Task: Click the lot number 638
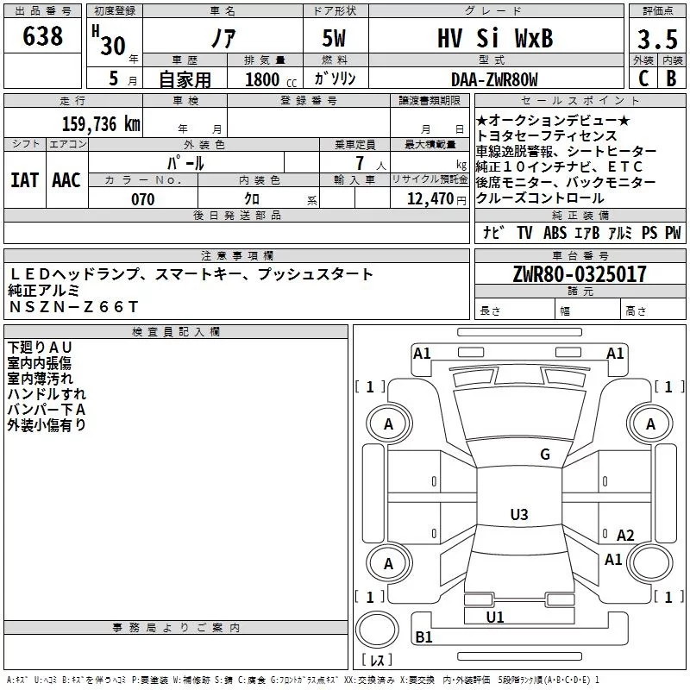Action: (42, 35)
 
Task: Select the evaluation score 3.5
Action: (657, 39)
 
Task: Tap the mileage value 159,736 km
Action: (101, 124)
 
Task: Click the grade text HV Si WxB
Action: (495, 38)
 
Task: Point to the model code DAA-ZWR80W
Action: (494, 79)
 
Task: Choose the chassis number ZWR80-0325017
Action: (580, 274)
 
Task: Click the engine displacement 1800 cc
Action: (271, 79)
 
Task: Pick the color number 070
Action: (143, 199)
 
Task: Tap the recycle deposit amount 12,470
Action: (430, 199)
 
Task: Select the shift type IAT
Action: (25, 180)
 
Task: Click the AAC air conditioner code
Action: (66, 180)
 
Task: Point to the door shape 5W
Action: (334, 38)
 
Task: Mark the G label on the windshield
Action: (545, 454)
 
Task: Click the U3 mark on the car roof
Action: (519, 514)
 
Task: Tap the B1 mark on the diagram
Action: (423, 637)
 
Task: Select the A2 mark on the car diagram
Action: (625, 536)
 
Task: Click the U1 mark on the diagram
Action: (495, 617)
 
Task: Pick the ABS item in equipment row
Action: (555, 232)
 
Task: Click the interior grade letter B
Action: (672, 78)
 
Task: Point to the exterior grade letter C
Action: (643, 78)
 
